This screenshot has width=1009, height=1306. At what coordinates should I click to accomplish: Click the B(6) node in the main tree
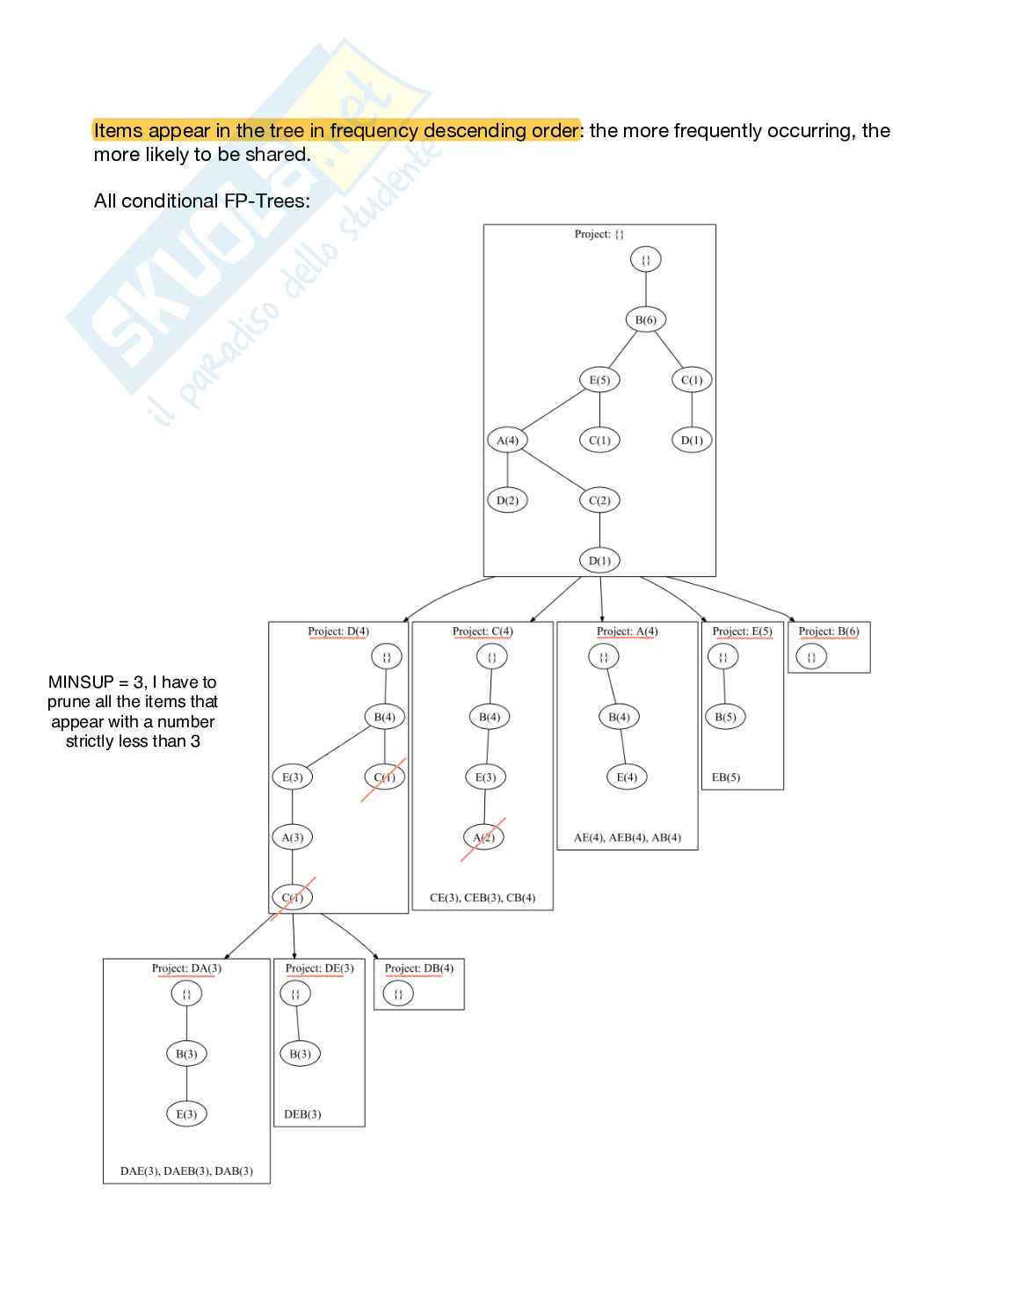(x=645, y=320)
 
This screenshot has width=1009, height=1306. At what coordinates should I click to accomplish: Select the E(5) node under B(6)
(x=599, y=380)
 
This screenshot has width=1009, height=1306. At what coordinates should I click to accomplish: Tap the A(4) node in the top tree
(x=507, y=440)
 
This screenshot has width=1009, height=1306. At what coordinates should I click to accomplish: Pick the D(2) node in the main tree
(x=507, y=500)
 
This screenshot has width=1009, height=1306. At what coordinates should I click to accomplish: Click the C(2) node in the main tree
(x=599, y=500)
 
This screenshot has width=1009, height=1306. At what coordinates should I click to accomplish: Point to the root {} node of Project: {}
(x=645, y=259)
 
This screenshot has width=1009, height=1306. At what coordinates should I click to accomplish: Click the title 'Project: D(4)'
(x=338, y=631)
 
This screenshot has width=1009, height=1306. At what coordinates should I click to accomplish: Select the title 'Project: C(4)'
(x=483, y=631)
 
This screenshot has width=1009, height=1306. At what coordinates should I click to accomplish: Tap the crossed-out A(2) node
(x=483, y=837)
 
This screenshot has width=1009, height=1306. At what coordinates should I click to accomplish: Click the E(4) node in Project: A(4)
(x=627, y=777)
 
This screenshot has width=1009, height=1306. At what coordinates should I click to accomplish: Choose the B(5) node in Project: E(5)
(x=725, y=717)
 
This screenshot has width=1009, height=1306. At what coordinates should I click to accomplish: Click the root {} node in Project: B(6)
(x=811, y=657)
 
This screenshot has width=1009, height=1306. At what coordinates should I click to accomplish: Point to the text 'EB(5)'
(x=726, y=777)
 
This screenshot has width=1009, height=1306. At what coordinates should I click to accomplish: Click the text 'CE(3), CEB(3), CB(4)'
(x=483, y=898)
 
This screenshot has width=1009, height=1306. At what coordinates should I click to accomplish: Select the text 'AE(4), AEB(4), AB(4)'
(x=628, y=838)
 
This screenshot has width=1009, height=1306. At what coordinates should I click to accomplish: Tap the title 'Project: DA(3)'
(x=186, y=968)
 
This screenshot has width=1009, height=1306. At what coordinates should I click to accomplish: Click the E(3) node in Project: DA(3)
(x=186, y=1114)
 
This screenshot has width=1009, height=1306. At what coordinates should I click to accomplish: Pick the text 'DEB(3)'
(x=302, y=1114)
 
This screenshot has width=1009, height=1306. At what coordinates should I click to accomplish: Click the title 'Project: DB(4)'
(x=419, y=968)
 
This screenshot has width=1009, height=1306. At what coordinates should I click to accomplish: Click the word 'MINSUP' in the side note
(x=81, y=682)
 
